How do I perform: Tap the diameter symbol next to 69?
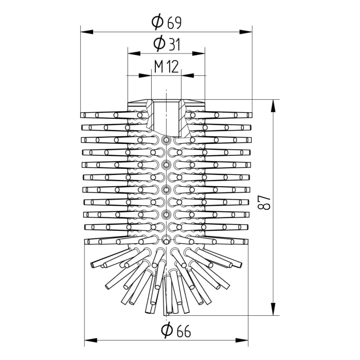click(x=158, y=22)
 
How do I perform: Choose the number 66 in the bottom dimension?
click(x=183, y=331)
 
